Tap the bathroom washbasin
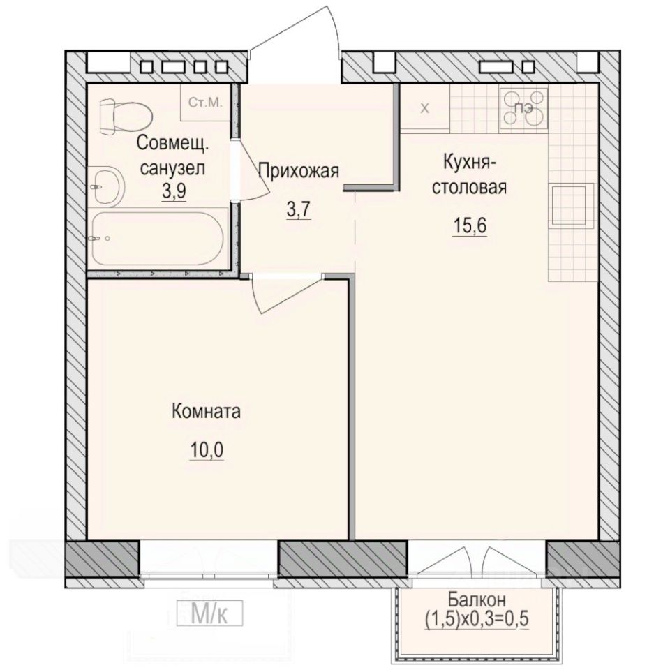tap(106, 185)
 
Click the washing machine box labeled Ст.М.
tap(205, 103)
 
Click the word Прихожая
tap(299, 170)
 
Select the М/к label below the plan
tap(209, 614)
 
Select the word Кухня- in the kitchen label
tap(469, 163)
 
